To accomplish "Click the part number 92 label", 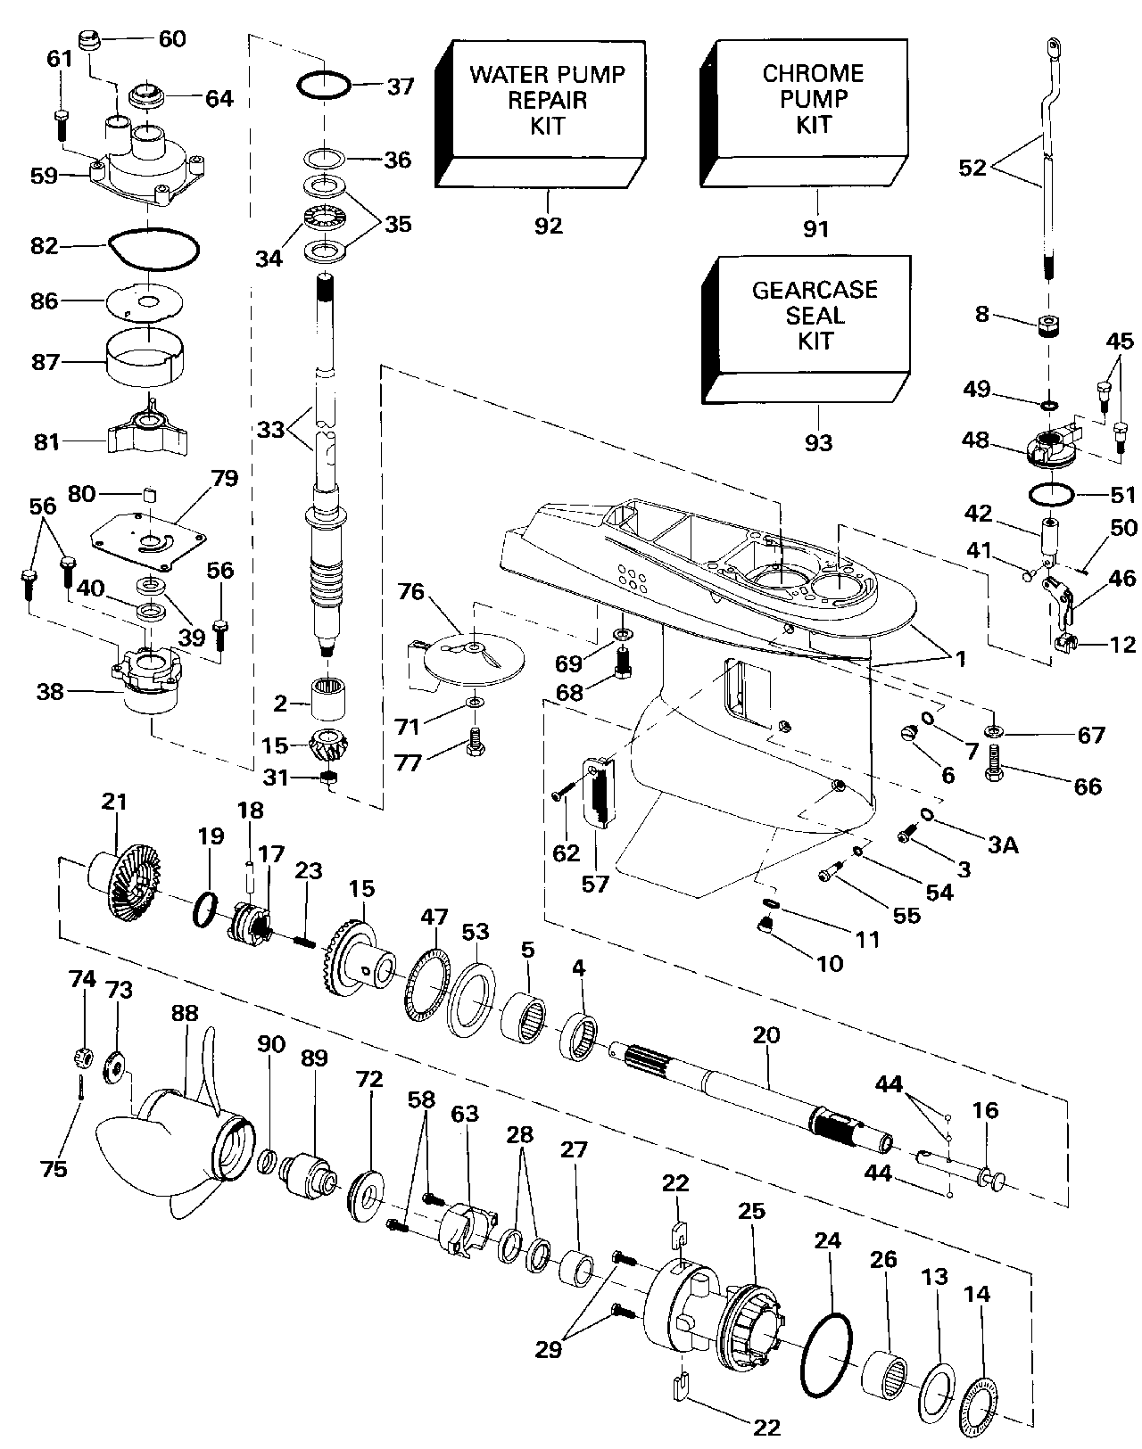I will click(549, 226).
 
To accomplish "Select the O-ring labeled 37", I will click(323, 86).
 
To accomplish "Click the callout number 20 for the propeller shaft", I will click(765, 1035).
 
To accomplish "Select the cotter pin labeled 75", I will click(80, 1089).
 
